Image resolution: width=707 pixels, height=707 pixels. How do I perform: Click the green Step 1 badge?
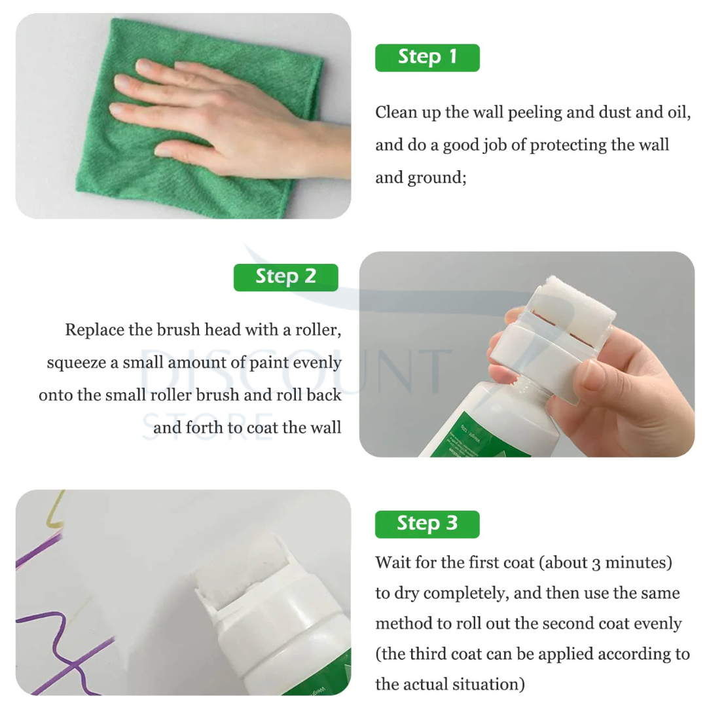pos(427,58)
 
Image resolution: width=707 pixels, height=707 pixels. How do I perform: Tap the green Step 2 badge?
pos(285,278)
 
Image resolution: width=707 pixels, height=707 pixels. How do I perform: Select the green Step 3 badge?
pos(427,524)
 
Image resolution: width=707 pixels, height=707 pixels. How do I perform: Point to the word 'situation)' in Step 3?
pos(488,685)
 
